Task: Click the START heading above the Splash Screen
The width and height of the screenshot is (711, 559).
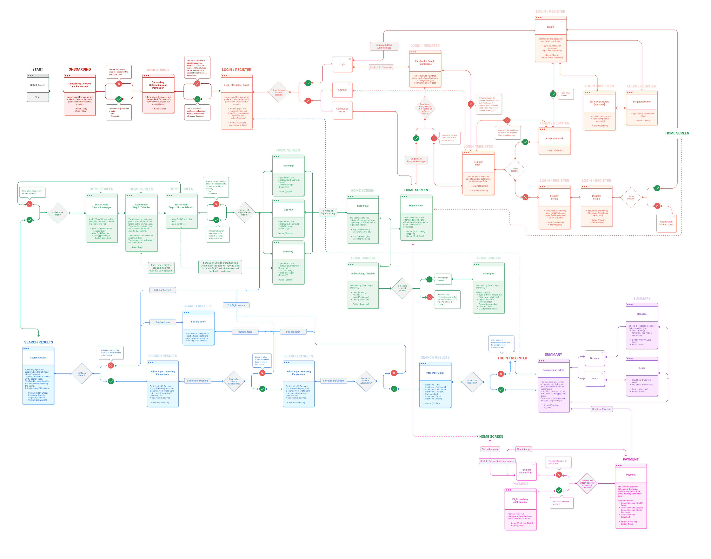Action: coord(38,69)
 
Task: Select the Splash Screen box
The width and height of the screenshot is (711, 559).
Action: coord(38,88)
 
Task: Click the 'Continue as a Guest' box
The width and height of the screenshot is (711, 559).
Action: coord(342,110)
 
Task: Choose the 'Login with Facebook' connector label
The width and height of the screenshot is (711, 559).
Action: coord(381,67)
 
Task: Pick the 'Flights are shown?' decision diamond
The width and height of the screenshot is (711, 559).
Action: coord(81,373)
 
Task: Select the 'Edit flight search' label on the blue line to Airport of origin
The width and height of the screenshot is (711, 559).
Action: coord(163,290)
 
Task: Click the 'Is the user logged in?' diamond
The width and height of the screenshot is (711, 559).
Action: coord(472,382)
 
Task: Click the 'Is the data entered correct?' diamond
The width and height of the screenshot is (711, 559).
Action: coord(402,288)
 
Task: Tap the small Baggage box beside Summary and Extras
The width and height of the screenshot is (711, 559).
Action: coord(595,358)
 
